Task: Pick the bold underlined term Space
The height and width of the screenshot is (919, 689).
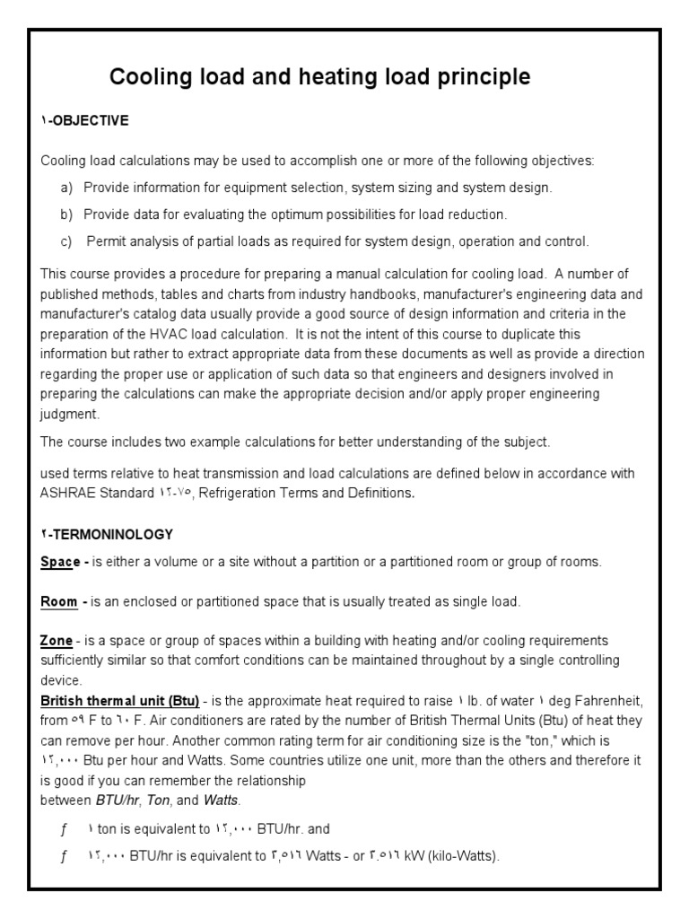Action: (60, 562)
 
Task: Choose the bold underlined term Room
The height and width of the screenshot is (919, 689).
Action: (60, 601)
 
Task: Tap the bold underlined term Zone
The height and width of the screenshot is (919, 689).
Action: (57, 641)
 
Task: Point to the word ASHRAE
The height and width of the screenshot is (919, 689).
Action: (68, 493)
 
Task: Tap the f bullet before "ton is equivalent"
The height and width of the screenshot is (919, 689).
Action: (64, 829)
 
